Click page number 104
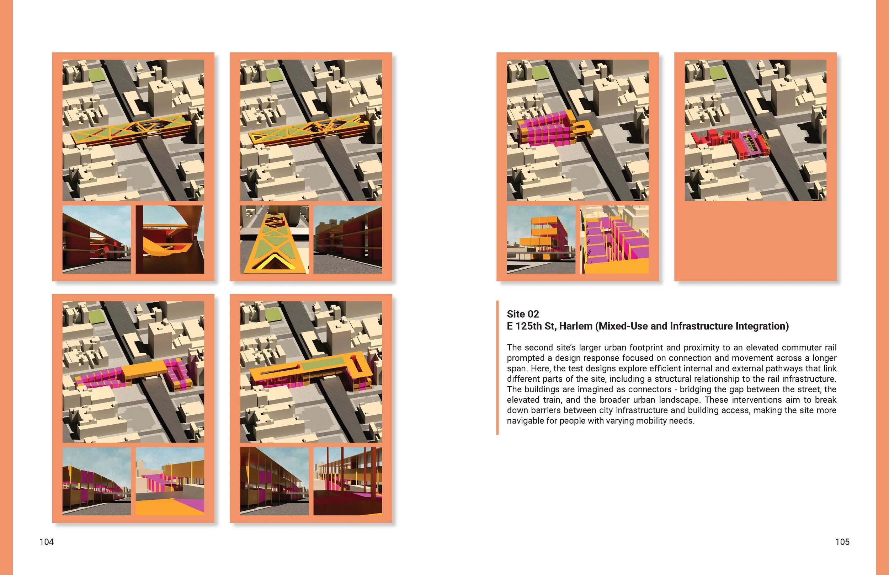pyautogui.click(x=46, y=542)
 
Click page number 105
pyautogui.click(x=842, y=542)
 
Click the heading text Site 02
pyautogui.click(x=523, y=314)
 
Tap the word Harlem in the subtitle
pyautogui.click(x=576, y=326)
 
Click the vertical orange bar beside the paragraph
pyautogui.click(x=497, y=367)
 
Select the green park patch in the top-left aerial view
pyautogui.click(x=97, y=76)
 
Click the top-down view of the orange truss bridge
pyautogui.click(x=275, y=239)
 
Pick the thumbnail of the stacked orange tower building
pyautogui.click(x=541, y=239)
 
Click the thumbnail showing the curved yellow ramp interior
pyautogui.click(x=170, y=239)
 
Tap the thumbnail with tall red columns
pyautogui.click(x=347, y=481)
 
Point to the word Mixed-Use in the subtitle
pyautogui.click(x=621, y=326)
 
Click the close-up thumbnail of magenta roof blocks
pyautogui.click(x=614, y=239)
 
